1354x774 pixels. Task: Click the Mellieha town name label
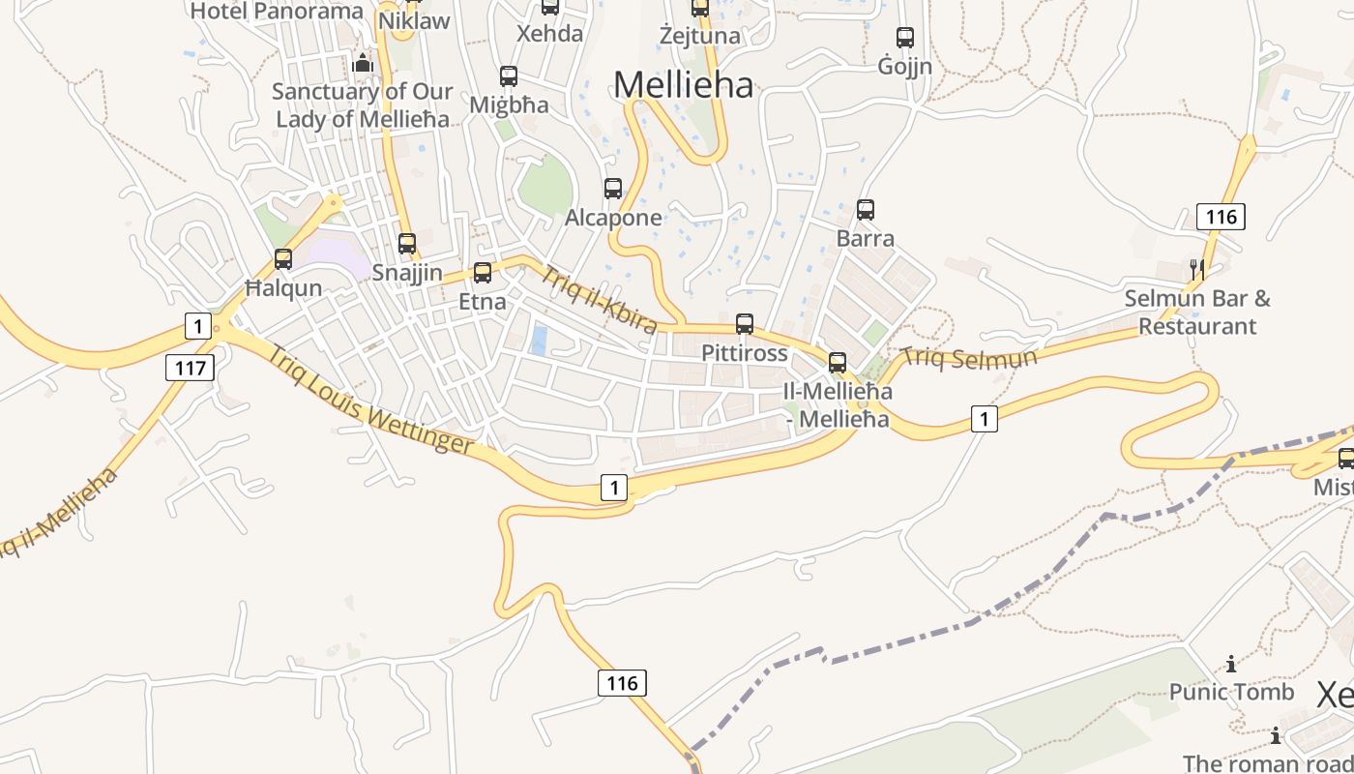[683, 85]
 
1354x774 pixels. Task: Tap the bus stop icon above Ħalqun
[283, 259]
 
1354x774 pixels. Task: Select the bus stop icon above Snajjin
[407, 244]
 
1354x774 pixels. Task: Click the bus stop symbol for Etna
[483, 273]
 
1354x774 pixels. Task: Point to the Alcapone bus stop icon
[613, 189]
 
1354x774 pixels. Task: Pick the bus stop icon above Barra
[866, 209]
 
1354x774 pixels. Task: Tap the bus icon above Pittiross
[745, 324]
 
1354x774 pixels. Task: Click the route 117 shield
[190, 368]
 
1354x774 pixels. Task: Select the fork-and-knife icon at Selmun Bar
[1198, 270]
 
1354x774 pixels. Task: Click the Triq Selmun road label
[968, 358]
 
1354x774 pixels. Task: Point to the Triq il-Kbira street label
[598, 297]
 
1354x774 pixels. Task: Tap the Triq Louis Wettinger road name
[370, 399]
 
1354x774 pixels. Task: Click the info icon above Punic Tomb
[1231, 664]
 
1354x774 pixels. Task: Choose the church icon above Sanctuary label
[363, 64]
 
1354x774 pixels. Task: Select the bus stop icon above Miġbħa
[508, 75]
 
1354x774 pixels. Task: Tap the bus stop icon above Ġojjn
[905, 38]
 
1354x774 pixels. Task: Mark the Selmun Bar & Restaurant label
[1197, 313]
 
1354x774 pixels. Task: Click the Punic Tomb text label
[1231, 692]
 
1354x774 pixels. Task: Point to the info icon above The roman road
[1276, 736]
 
